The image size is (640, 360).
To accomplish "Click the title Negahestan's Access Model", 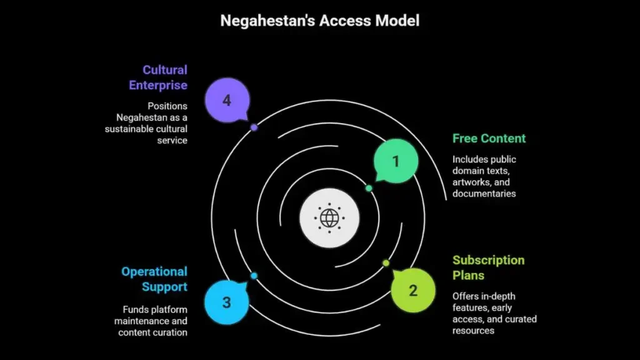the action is pos(319,21).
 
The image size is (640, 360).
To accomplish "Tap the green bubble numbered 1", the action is pos(396,161).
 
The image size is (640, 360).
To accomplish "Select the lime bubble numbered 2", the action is pos(412,290).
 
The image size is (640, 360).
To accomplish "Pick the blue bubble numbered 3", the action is pos(227,302).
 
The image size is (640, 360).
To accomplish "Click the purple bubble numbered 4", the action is pos(227,101).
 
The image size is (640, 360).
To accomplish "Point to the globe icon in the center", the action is pos(329,218).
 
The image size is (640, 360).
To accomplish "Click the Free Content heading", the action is pos(489,138).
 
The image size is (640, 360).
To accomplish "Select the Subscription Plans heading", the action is pos(489,267).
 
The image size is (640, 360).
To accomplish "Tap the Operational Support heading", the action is pos(154,279).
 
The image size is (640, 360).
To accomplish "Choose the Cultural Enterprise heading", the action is pos(158,77).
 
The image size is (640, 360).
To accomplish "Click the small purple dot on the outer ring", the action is pos(254,127).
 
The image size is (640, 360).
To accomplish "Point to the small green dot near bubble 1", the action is pos(369,188).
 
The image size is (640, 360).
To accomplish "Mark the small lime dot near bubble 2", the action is pos(386,263).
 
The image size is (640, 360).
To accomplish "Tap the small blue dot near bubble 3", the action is pos(254,276).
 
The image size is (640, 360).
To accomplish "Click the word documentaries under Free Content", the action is pos(484,194).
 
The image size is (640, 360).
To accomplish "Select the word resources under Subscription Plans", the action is pos(473,331).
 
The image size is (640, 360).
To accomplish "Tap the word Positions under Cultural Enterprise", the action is pos(167,106).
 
